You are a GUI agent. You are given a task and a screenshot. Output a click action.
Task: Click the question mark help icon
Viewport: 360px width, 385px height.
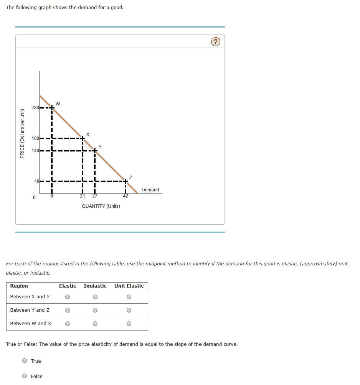[x=216, y=42]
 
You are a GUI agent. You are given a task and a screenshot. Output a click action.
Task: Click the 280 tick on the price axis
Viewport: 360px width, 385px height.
[x=35, y=108]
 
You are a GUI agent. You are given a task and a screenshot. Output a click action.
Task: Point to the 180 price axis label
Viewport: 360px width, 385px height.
[x=35, y=138]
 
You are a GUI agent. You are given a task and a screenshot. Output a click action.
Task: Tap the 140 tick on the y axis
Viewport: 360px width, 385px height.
[x=35, y=151]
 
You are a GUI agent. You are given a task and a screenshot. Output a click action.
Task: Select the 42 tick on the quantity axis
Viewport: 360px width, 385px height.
[x=126, y=196]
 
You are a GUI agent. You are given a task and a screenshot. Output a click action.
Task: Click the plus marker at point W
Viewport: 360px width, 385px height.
[x=51, y=108]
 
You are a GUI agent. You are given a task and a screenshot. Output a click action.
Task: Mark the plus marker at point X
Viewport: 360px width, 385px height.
[x=83, y=138]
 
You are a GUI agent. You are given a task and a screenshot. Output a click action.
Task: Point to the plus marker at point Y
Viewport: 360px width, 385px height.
[x=95, y=151]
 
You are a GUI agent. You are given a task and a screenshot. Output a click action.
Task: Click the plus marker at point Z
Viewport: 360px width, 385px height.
[x=126, y=181]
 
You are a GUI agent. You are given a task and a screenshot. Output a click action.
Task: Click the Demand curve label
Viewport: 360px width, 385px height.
[x=150, y=190]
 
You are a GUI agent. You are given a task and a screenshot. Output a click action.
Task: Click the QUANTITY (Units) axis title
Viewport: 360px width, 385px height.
[x=101, y=206]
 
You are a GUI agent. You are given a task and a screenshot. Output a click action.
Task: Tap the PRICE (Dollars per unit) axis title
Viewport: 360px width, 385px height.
[x=22, y=133]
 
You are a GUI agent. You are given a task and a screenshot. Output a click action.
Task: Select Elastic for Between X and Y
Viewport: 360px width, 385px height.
[x=68, y=297]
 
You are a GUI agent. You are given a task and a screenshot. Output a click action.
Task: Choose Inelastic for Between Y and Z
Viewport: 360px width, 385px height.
[x=95, y=310]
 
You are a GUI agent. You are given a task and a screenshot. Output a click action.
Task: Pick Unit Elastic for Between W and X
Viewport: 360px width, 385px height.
[x=129, y=324]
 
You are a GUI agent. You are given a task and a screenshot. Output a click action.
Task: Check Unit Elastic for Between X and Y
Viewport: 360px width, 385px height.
[x=129, y=297]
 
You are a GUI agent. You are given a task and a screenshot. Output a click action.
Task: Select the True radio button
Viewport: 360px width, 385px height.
[x=25, y=361]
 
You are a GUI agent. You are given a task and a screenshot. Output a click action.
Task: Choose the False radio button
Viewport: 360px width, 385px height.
[x=25, y=376]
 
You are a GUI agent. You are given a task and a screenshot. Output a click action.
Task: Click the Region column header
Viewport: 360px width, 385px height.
[x=19, y=286]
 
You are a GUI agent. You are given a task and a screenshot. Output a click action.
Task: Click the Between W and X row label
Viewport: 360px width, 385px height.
[x=31, y=324]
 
